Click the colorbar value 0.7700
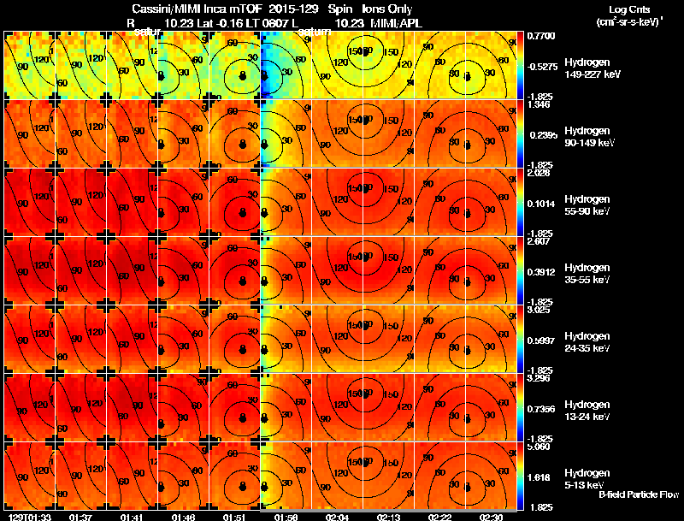pyautogui.click(x=540, y=35)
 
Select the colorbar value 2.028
pyautogui.click(x=538, y=172)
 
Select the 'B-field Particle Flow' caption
pyautogui.click(x=638, y=495)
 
